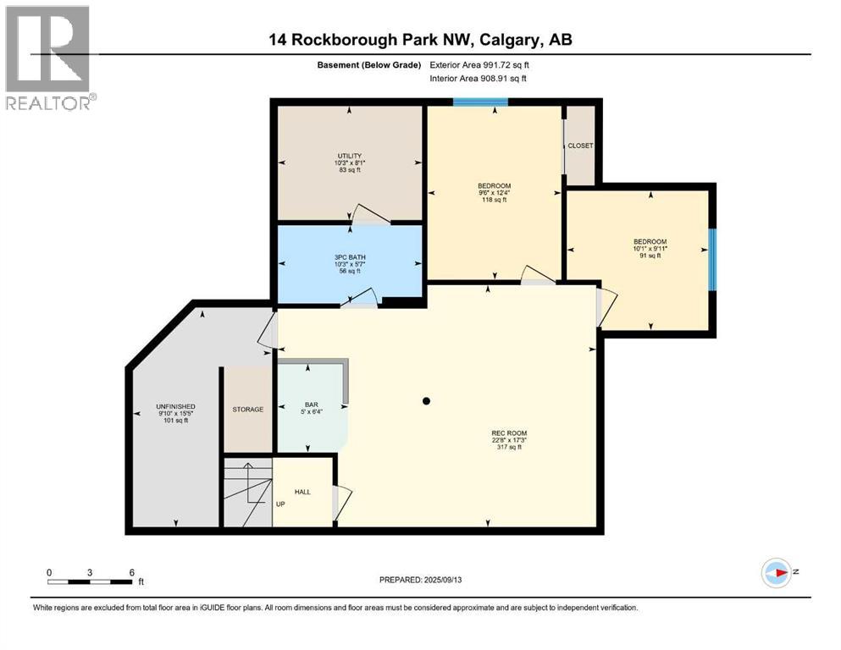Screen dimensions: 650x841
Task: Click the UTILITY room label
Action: pos(350,156)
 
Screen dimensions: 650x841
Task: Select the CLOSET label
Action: pos(580,146)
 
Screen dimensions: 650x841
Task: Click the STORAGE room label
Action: pos(248,410)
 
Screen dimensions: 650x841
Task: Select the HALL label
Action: pos(302,492)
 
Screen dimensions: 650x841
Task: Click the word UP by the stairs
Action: pos(280,504)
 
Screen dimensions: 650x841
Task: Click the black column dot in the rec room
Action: pos(427,401)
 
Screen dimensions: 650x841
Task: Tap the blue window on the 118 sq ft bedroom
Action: pos(480,102)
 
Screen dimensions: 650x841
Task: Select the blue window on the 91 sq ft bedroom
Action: pos(712,259)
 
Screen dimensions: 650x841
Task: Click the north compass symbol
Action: pos(777,573)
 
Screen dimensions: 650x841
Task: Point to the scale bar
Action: pos(91,581)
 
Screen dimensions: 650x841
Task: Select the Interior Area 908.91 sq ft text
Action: pos(479,79)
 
